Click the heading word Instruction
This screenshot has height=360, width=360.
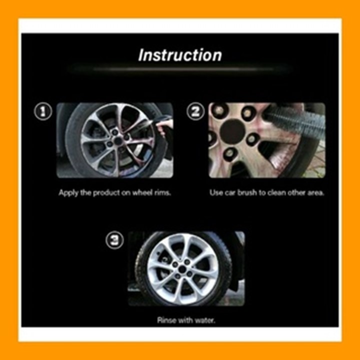point(179,55)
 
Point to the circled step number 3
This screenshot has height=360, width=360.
point(115,240)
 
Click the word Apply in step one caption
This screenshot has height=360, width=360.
point(68,193)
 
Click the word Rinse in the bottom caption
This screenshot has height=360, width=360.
point(166,320)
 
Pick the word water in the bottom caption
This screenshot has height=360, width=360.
point(205,320)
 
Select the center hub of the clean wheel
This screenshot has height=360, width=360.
point(182,269)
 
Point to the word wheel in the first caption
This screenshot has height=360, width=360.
point(140,192)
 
